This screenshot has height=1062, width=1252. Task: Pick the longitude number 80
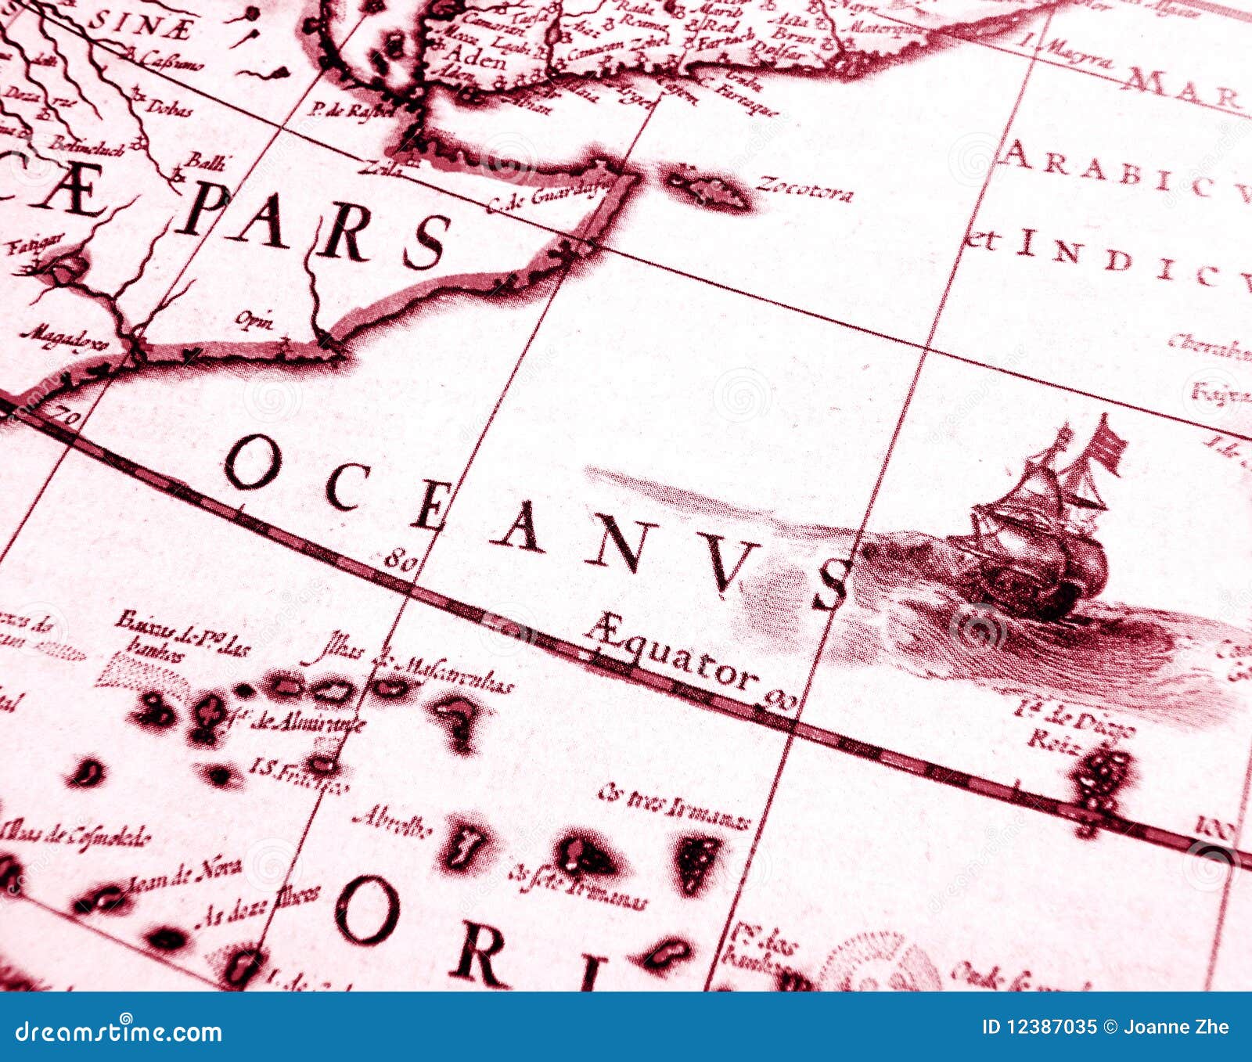pos(399,558)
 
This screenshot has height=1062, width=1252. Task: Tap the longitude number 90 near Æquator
pos(779,699)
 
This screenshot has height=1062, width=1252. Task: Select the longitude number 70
pos(67,416)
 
